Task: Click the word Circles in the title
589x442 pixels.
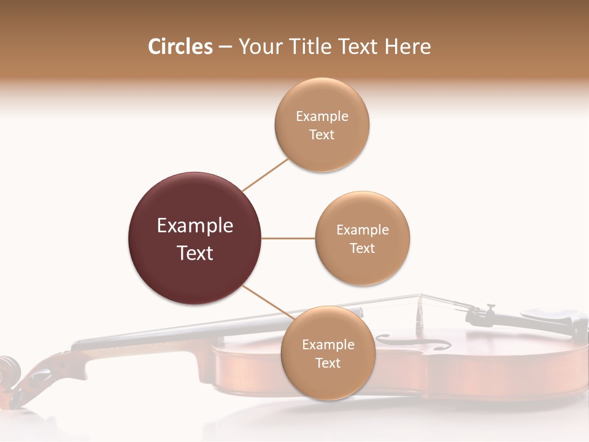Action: point(180,47)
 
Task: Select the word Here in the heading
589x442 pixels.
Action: point(407,47)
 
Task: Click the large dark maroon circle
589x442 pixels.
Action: point(195,203)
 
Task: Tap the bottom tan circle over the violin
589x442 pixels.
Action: point(328,381)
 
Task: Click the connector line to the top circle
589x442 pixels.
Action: point(265,175)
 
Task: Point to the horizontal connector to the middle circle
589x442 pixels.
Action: point(288,238)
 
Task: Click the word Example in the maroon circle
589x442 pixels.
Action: point(195,226)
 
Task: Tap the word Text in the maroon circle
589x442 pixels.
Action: point(195,253)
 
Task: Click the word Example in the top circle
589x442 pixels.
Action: point(322,116)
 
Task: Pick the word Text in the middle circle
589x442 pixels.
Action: point(363,248)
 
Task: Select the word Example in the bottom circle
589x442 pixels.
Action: point(328,344)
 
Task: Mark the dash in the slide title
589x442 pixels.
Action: point(225,47)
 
